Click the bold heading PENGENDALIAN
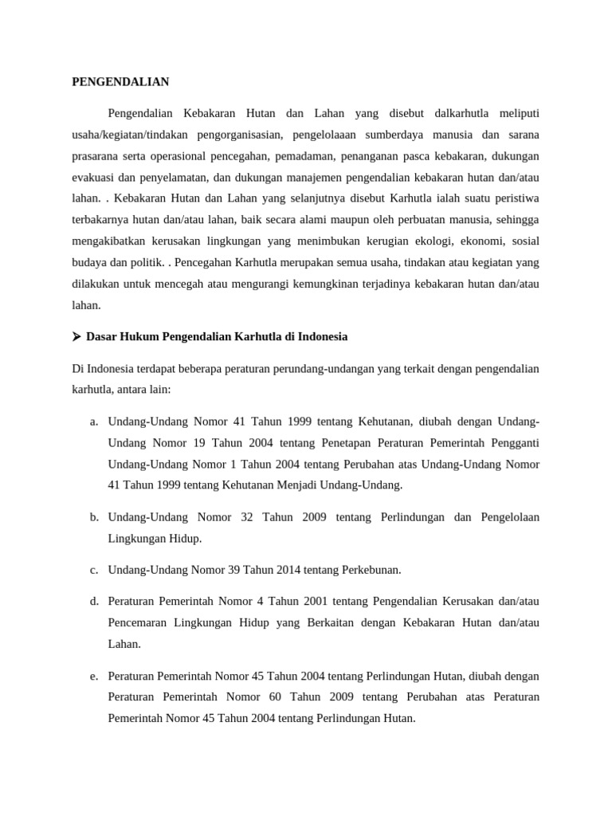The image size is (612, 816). pos(121,81)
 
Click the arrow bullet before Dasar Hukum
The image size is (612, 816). pos(77,337)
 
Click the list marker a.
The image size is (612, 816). pos(94,421)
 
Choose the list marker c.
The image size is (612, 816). pos(94,570)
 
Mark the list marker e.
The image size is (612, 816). pos(94,677)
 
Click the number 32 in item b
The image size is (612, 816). pos(246,517)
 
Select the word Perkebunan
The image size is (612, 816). pos(373,570)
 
